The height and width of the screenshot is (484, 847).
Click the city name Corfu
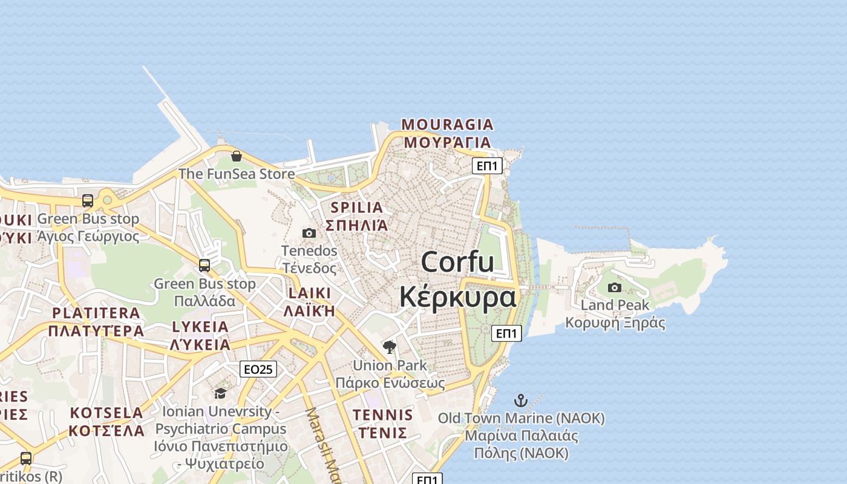point(457,263)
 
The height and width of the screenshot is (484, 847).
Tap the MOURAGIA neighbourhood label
point(447,125)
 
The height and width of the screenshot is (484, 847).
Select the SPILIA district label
point(356,208)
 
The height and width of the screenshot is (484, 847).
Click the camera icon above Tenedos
point(309,233)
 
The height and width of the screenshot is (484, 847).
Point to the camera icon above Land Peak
point(615,287)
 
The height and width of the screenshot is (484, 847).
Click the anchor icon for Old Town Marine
point(520,400)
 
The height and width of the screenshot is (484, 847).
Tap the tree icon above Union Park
point(390,347)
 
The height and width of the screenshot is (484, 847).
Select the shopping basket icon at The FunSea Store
point(237,156)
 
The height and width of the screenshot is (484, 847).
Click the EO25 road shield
point(258,369)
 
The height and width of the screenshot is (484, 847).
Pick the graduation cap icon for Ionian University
point(220,393)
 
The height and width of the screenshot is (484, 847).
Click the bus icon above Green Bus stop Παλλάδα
point(204,265)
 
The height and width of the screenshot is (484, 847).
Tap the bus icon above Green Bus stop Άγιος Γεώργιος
point(88,200)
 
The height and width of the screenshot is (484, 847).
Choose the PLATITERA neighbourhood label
point(96,313)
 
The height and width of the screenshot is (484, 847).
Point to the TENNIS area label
point(382,415)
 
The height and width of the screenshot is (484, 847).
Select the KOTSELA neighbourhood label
point(106,413)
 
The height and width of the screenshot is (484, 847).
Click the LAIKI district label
point(309,293)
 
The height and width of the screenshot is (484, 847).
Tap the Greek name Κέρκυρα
point(457,297)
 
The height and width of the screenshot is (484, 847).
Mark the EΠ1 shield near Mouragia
point(487,166)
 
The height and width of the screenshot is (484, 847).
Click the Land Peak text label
point(615,305)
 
